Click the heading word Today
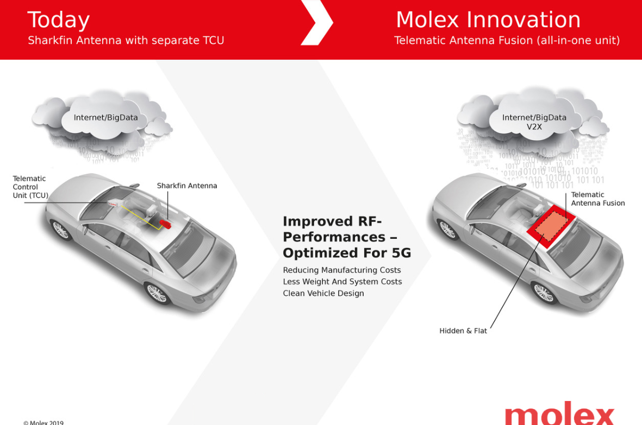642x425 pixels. (59, 21)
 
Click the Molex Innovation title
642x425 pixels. (488, 20)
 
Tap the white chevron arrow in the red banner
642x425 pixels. (317, 22)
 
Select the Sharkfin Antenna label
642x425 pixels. (186, 186)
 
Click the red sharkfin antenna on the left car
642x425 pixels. (165, 224)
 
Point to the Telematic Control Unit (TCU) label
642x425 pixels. (30, 187)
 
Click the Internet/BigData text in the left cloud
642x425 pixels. (105, 118)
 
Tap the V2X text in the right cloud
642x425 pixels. (534, 126)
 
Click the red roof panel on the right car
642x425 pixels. (552, 226)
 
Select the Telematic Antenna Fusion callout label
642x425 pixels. (598, 199)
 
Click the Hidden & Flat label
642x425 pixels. (463, 331)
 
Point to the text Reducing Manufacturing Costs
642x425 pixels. (342, 270)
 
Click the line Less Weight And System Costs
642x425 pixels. (342, 282)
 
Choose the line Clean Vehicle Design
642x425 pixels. (323, 293)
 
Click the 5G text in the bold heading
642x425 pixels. (401, 253)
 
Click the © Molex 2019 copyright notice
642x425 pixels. (43, 422)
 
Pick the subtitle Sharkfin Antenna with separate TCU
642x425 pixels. (126, 41)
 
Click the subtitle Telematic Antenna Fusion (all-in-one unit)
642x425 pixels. (507, 40)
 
